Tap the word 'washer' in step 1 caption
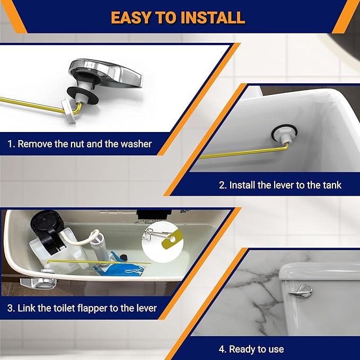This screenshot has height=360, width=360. pyautogui.click(x=135, y=144)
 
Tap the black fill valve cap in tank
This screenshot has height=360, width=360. pyautogui.click(x=41, y=226)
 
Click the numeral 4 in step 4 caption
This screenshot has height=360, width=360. pyautogui.click(x=223, y=349)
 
